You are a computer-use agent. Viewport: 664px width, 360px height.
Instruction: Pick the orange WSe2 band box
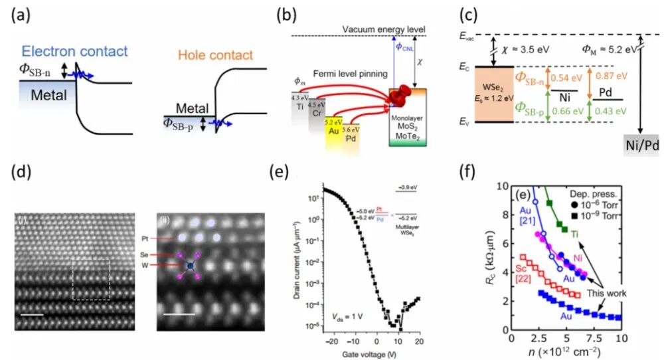tap(493, 94)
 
